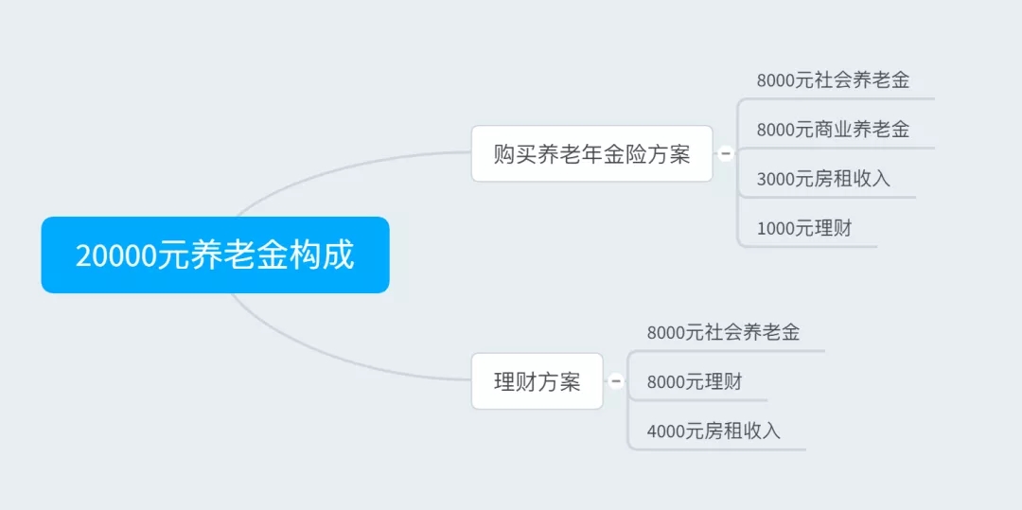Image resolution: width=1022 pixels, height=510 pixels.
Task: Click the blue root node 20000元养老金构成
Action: coord(215,255)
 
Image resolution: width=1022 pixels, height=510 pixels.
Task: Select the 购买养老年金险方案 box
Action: coord(591,153)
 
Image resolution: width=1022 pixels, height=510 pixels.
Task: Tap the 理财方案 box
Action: coord(537,381)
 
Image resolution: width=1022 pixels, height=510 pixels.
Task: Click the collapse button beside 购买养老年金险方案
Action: coord(726,153)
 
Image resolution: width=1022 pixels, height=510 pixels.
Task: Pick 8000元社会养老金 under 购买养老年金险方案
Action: coord(833,80)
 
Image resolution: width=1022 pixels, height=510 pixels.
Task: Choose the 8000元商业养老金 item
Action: coord(833,129)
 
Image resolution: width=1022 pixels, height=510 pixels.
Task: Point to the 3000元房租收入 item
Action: coord(823,179)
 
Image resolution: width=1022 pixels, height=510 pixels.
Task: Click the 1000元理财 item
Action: coord(804,228)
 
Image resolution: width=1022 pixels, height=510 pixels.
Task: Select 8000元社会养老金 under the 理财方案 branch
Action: coord(724,332)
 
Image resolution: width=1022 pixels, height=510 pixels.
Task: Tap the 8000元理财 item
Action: coord(695,381)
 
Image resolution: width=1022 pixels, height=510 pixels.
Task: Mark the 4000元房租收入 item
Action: coord(714,431)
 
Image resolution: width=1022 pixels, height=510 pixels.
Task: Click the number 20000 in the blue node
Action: coord(117,255)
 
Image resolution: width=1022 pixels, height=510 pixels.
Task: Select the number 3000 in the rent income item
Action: coord(776,179)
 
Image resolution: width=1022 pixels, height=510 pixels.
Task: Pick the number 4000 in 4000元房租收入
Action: coord(666,431)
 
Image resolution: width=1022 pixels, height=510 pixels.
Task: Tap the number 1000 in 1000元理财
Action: coord(776,229)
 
